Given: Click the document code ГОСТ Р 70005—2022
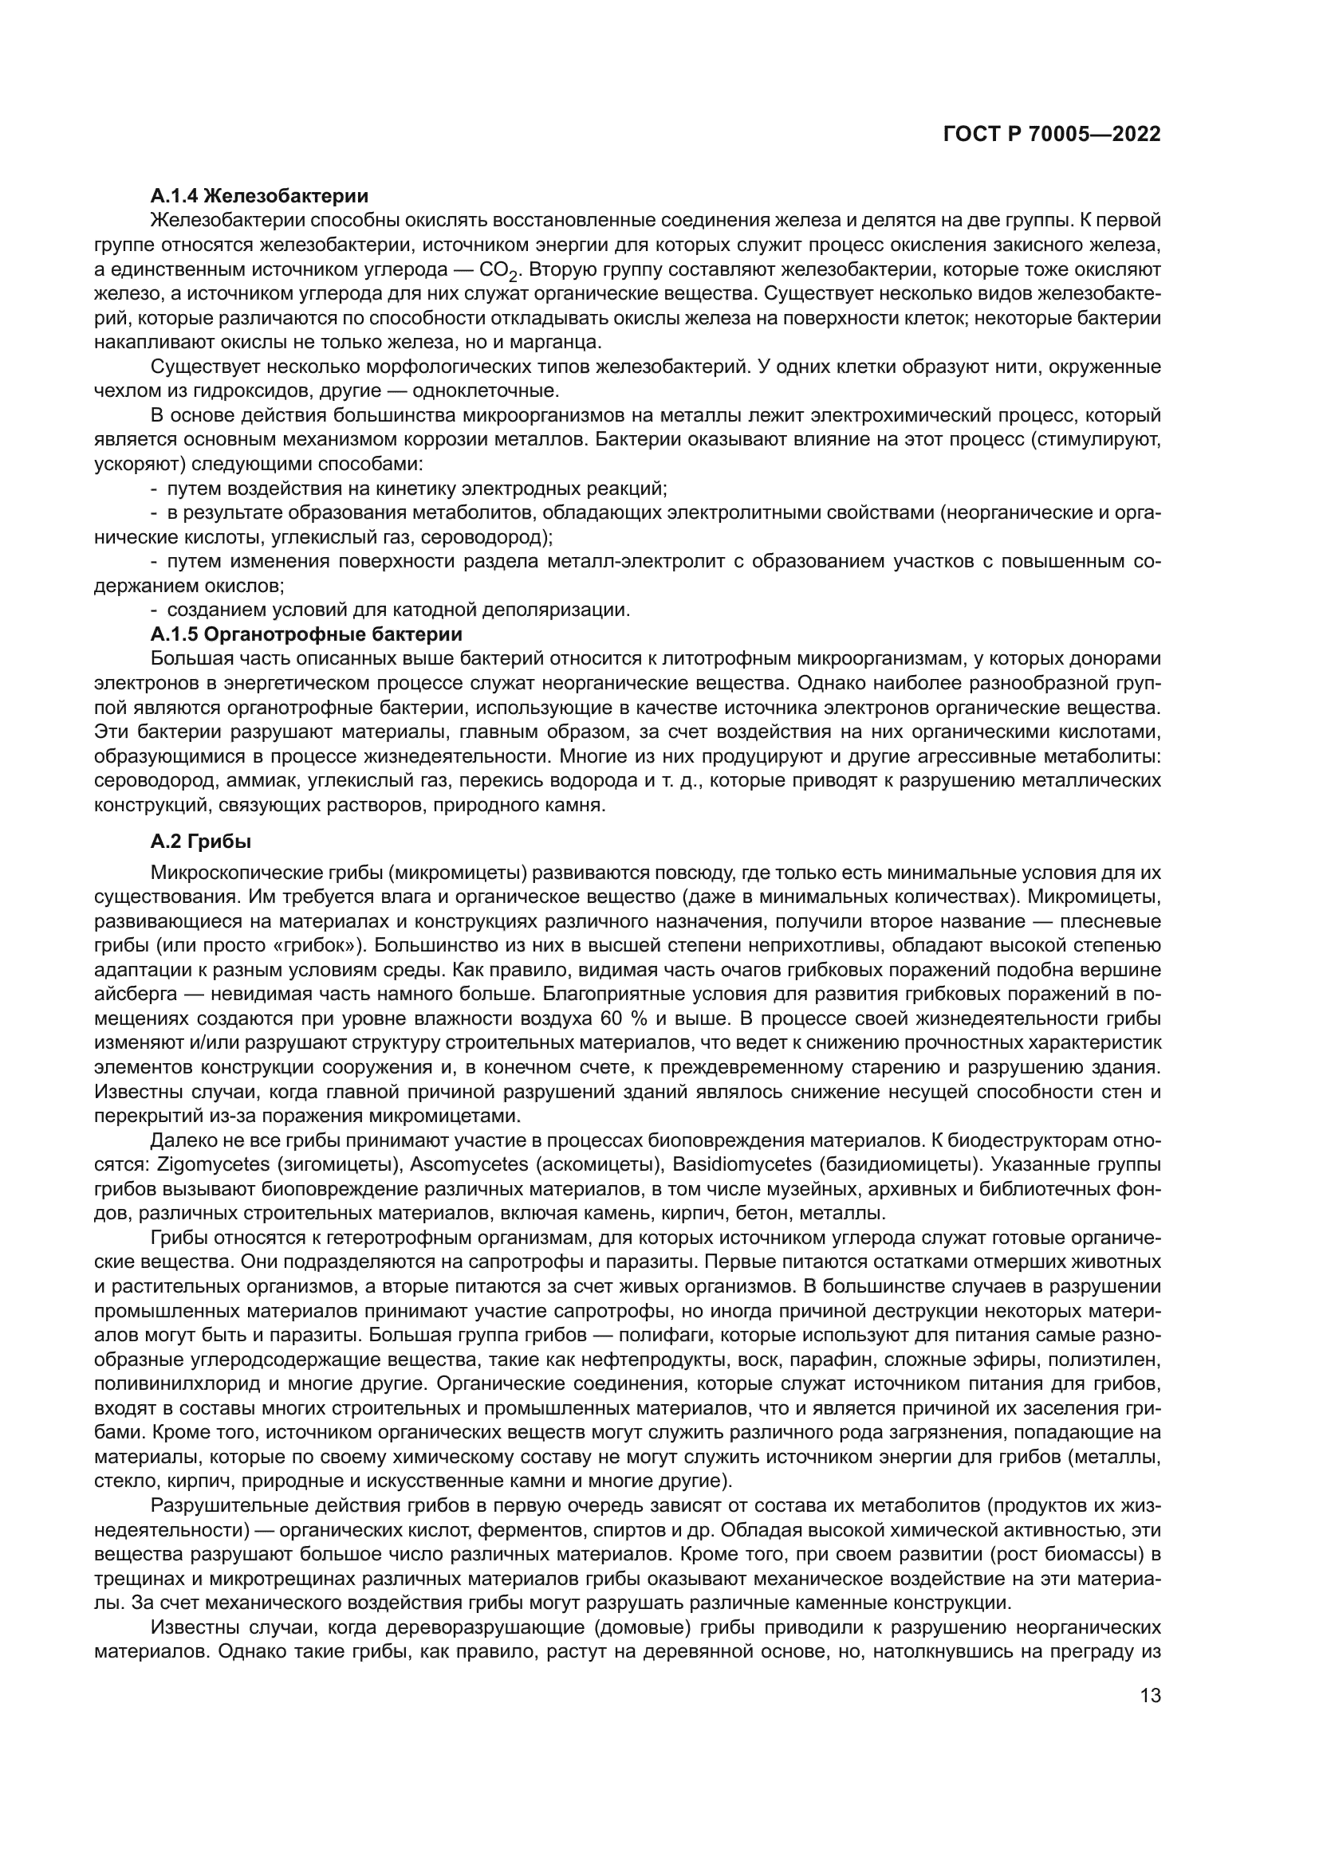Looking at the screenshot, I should click(x=1051, y=135).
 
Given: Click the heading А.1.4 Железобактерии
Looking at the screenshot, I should click(x=259, y=196).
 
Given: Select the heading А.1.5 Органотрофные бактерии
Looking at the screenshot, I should click(x=306, y=634).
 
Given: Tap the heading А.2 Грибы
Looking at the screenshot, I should click(x=201, y=842).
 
